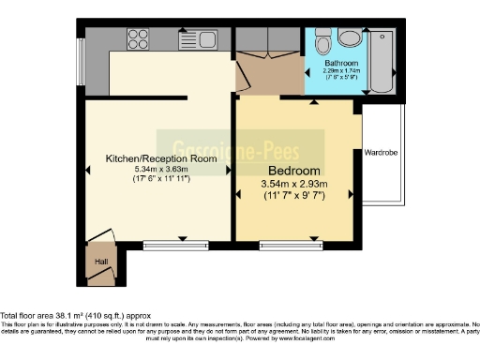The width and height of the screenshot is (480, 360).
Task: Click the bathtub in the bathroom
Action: [383, 60]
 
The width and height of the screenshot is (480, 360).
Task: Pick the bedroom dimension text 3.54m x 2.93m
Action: [295, 185]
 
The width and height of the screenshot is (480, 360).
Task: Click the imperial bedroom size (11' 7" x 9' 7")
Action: [295, 197]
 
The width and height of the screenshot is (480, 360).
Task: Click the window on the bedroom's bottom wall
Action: [286, 247]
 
